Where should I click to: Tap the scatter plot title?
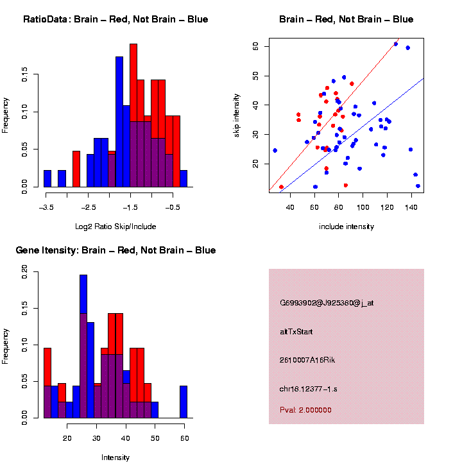pyautogui.click(x=346, y=19)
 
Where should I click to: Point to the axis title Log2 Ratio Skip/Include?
pyautogui.click(x=116, y=226)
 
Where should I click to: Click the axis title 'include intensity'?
pyautogui.click(x=346, y=226)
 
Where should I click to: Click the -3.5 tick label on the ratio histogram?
pyautogui.click(x=46, y=207)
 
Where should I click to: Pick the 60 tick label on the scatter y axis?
pyautogui.click(x=255, y=46)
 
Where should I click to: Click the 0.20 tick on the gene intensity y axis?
pyautogui.click(x=25, y=273)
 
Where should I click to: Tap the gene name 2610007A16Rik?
pyautogui.click(x=307, y=360)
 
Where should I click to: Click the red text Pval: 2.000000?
pyautogui.click(x=305, y=409)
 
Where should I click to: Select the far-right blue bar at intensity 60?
pyautogui.click(x=184, y=402)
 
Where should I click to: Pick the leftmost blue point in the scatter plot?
pyautogui.click(x=275, y=150)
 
